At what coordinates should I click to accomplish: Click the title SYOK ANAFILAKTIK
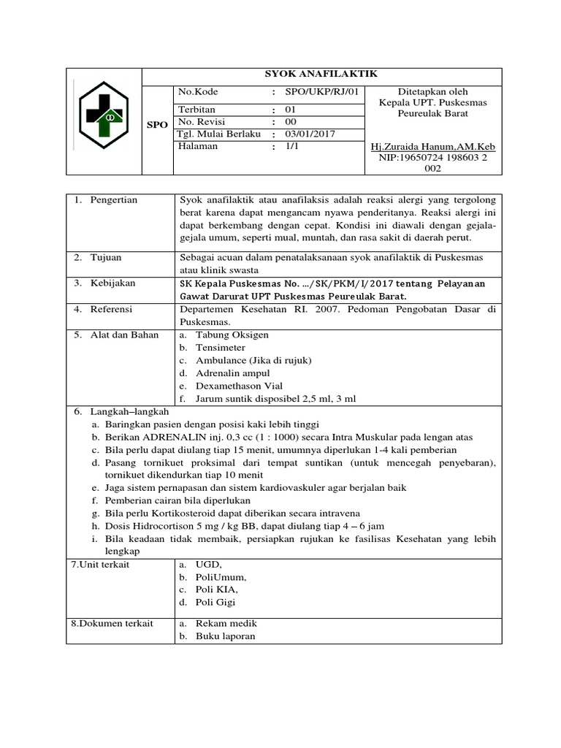click(321, 74)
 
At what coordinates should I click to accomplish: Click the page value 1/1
click(292, 146)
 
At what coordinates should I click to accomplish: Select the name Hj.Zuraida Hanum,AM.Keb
click(433, 148)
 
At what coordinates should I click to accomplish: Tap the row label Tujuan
click(106, 258)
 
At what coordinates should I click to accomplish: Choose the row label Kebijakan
click(112, 283)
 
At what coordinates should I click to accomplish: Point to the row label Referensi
click(111, 309)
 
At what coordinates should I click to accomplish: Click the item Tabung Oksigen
click(232, 335)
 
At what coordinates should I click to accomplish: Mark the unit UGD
click(209, 565)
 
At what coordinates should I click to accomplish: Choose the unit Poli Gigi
click(215, 602)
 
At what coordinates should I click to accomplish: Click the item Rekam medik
click(226, 623)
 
